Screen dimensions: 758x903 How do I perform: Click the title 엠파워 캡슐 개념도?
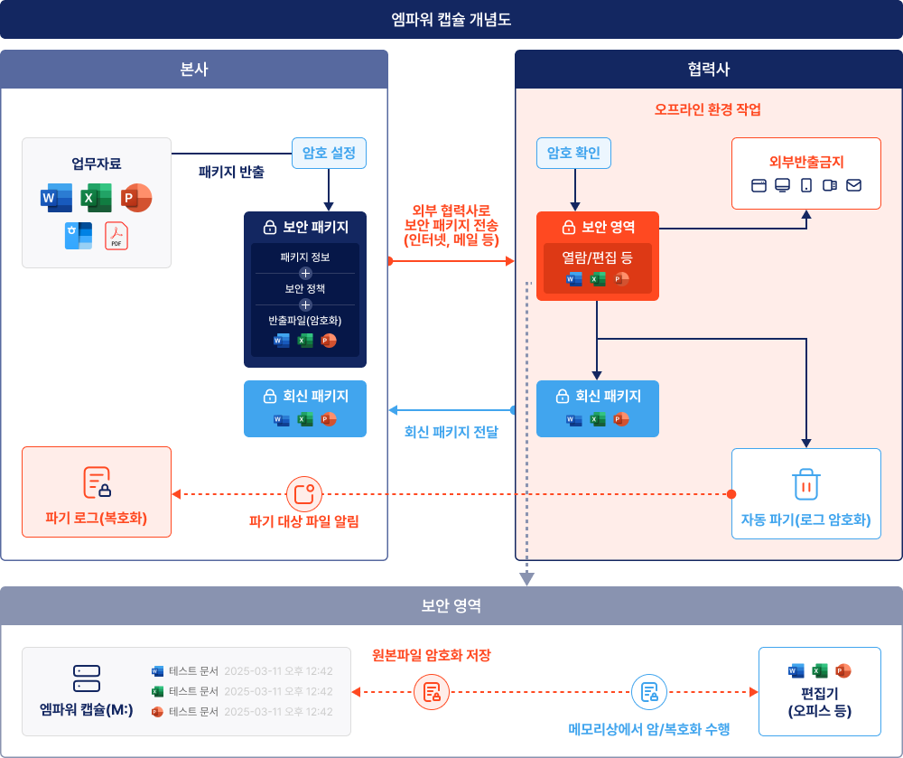point(451,18)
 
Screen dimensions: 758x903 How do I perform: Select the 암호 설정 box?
point(329,152)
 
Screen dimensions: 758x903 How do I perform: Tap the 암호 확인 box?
point(573,152)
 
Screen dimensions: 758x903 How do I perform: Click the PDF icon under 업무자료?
point(116,235)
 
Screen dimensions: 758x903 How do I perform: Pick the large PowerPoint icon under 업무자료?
point(136,197)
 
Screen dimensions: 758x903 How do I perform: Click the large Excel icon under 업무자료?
point(96,197)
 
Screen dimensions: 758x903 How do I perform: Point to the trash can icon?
point(805,483)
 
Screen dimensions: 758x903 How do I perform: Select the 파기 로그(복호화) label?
point(96,519)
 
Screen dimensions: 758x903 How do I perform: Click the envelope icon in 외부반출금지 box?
point(853,185)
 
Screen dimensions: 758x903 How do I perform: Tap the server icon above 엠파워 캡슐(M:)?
point(87,678)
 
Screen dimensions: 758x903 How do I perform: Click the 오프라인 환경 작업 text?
point(708,110)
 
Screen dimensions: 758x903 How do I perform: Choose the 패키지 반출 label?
point(231,171)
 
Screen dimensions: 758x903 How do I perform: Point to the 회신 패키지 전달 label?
point(451,432)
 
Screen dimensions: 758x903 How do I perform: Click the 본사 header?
point(194,70)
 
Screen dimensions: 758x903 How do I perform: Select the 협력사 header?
point(708,70)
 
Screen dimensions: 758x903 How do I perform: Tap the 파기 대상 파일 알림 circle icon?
point(303,494)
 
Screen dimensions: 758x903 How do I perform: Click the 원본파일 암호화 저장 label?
point(432,655)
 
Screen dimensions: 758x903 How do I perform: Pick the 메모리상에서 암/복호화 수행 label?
point(649,729)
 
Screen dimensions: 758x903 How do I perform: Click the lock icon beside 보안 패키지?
point(269,227)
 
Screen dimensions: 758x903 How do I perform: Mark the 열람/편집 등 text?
point(597,257)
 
